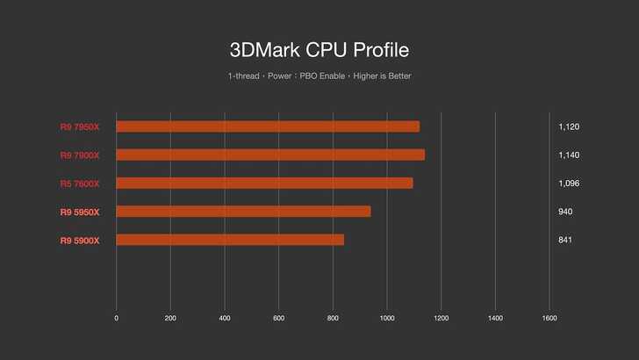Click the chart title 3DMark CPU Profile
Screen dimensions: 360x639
(319, 48)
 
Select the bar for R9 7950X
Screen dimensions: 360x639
(268, 126)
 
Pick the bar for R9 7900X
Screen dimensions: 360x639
(270, 155)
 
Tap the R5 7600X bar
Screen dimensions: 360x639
(264, 183)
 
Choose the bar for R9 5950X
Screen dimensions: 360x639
(243, 211)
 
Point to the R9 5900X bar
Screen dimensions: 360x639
(230, 240)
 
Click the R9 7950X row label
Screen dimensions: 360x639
(80, 126)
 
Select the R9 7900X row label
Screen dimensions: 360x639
(80, 155)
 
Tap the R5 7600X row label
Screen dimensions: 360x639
(80, 184)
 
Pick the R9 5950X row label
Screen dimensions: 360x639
(80, 212)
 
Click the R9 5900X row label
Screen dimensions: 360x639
(80, 240)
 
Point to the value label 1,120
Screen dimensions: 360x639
(569, 126)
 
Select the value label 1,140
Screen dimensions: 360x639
(569, 155)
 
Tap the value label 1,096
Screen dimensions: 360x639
(569, 184)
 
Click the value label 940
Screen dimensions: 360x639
(565, 212)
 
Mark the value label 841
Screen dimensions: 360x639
(565, 240)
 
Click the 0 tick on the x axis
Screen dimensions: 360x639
(117, 317)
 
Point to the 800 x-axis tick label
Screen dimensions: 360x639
(334, 317)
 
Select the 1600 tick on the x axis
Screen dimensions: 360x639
(549, 317)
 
